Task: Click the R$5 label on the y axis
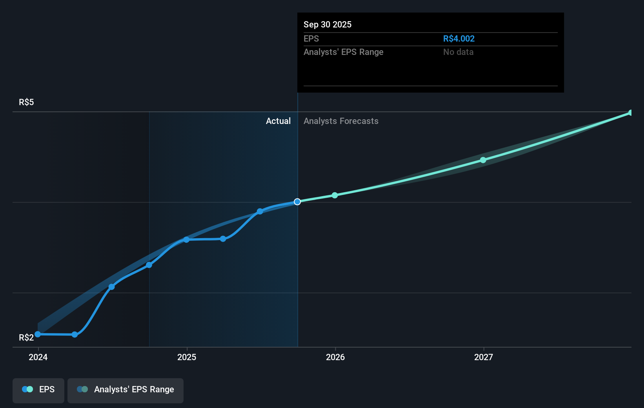(x=26, y=102)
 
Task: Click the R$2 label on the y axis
(x=26, y=338)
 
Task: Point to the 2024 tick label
(x=38, y=357)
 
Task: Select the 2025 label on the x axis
(x=187, y=357)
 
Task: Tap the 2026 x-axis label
(x=335, y=357)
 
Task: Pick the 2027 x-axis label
(x=484, y=357)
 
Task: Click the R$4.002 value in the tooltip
(x=458, y=39)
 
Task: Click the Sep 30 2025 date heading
(x=327, y=25)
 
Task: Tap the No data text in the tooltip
(x=458, y=52)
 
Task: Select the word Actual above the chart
(x=278, y=121)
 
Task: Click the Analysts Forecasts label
(x=341, y=121)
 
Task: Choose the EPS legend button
(x=38, y=390)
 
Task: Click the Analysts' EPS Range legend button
(x=126, y=390)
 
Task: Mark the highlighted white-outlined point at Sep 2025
(x=297, y=202)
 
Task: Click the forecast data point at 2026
(x=335, y=195)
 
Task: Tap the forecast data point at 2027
(x=483, y=160)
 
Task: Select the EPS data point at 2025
(x=186, y=240)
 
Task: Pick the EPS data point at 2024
(x=38, y=334)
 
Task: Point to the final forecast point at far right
(x=631, y=113)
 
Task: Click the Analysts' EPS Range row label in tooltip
(x=343, y=52)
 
